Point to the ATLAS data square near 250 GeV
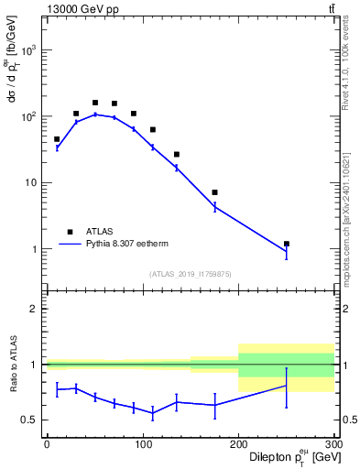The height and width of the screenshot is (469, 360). (x=287, y=244)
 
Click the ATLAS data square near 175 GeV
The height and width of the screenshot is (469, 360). (x=214, y=192)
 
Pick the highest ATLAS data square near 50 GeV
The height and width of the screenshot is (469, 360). (x=94, y=103)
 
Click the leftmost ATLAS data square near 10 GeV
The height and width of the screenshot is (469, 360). (x=57, y=139)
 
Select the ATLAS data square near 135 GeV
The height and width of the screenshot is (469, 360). (x=176, y=154)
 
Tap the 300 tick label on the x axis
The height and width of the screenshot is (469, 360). (x=333, y=444)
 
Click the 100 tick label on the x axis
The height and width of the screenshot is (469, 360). (x=142, y=444)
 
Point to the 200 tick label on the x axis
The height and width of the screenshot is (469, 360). (x=238, y=444)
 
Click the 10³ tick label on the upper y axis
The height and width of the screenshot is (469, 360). (x=30, y=50)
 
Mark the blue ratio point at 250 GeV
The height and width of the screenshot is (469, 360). (x=287, y=386)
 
